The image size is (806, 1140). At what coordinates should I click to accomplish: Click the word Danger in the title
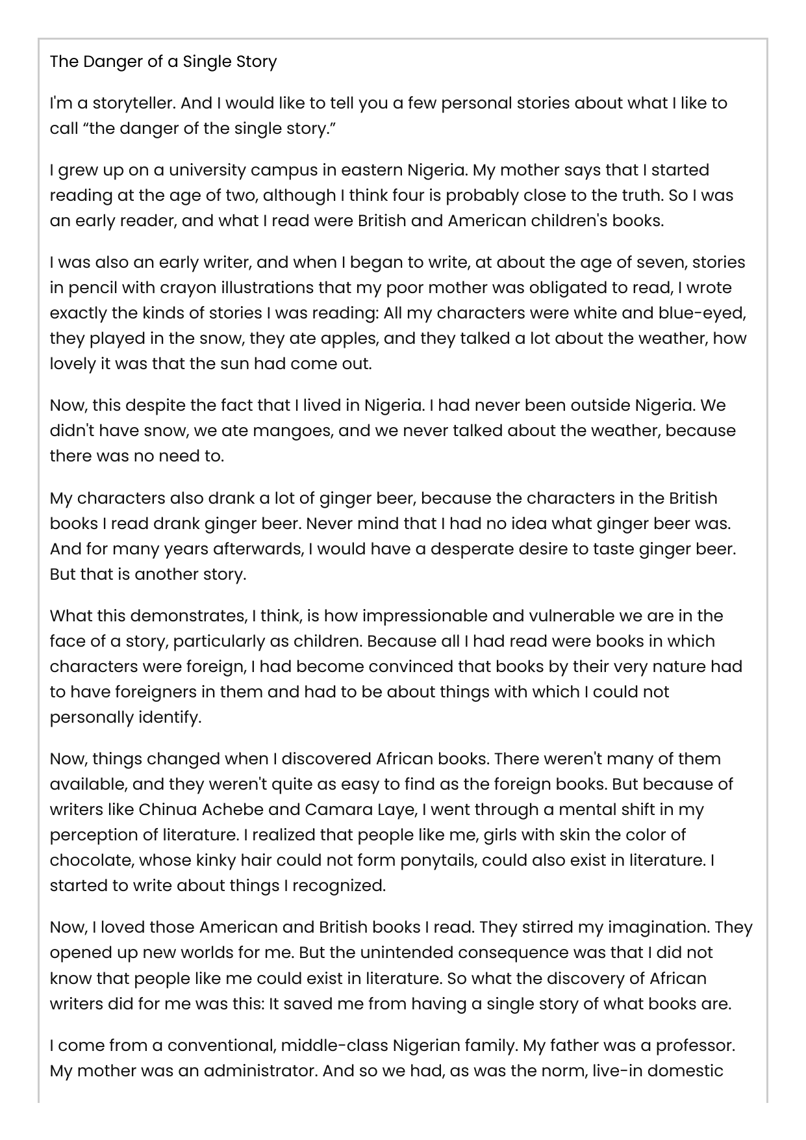coord(110,62)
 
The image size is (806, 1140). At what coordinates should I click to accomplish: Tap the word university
coord(206,170)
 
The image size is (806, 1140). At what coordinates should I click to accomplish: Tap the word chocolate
coord(92,861)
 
